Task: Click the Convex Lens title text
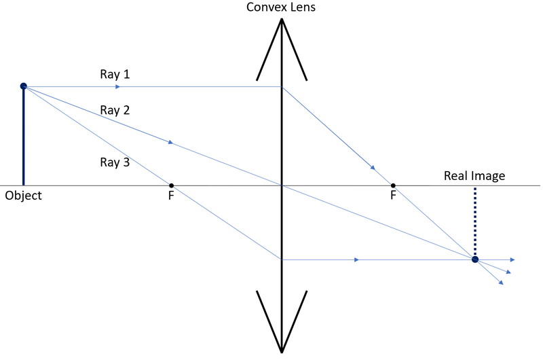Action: point(282,8)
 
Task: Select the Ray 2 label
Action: point(115,109)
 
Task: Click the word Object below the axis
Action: point(23,196)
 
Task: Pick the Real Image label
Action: point(474,176)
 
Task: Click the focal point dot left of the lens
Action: point(171,185)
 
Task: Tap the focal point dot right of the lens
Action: point(393,185)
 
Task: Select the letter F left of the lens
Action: point(171,196)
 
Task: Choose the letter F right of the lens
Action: point(393,196)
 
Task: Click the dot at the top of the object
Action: point(24,86)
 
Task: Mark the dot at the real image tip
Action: point(474,259)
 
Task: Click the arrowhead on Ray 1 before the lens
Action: point(118,87)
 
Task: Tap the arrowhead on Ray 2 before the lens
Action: point(171,143)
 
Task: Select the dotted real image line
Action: point(474,221)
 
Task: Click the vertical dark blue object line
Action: point(24,136)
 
